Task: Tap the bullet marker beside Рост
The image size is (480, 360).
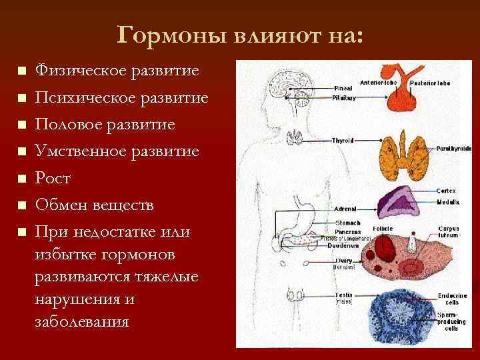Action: click(x=21, y=179)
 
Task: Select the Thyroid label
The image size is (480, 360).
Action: click(x=342, y=141)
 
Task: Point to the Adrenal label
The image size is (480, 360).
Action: click(x=345, y=209)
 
